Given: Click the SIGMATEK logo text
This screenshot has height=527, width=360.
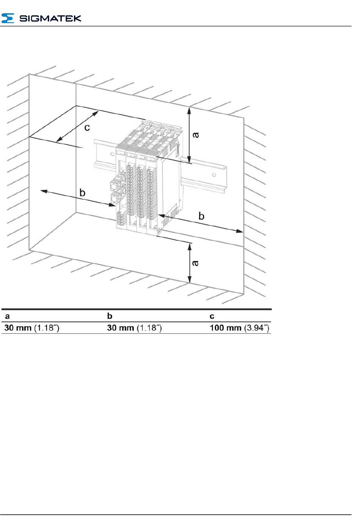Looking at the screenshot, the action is [50, 18].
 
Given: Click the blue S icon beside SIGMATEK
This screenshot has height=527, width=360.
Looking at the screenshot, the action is [8, 18].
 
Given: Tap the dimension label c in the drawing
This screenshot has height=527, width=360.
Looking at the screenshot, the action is [87, 127].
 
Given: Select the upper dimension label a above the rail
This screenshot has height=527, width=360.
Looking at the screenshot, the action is [196, 134].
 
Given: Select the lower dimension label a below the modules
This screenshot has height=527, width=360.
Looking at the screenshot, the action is [196, 263].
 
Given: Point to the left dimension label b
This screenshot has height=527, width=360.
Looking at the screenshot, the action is [82, 193].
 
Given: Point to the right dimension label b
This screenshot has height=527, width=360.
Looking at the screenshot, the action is [201, 216].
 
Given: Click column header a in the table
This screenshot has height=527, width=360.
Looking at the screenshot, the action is [7, 316].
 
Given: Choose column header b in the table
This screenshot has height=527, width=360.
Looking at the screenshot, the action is [110, 316].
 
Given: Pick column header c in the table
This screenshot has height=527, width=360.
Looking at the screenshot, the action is [212, 316].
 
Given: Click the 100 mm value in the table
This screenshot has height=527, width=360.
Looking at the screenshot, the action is [225, 328].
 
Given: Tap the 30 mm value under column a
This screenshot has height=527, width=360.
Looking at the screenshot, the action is [18, 328].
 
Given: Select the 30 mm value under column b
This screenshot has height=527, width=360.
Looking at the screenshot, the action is [121, 328].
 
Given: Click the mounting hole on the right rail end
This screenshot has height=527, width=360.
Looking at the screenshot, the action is [214, 175].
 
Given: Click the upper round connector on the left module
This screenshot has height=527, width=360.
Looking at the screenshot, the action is [114, 185].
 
